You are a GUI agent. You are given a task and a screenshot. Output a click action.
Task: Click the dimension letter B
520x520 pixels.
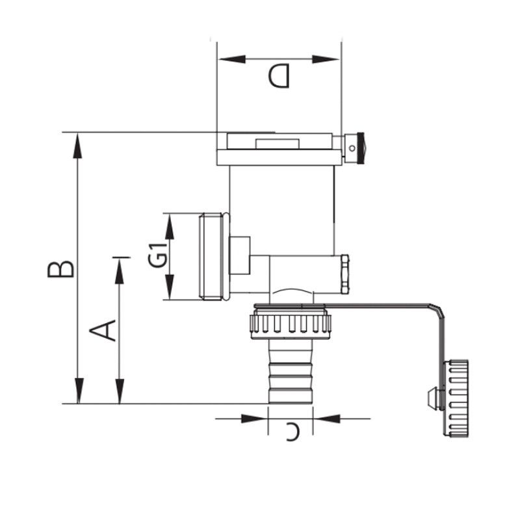click(x=60, y=269)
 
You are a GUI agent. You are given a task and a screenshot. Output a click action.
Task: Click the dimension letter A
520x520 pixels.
click(x=103, y=330)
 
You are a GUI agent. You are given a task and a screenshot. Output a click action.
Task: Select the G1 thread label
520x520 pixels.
click(x=157, y=255)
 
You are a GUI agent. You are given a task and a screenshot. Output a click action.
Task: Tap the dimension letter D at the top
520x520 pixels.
click(x=279, y=75)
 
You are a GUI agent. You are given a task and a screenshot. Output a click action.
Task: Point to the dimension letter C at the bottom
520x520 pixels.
click(x=293, y=432)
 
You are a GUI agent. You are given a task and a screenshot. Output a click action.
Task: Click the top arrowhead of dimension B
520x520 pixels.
click(x=78, y=145)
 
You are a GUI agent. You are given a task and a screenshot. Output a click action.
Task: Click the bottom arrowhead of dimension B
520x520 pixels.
click(x=79, y=391)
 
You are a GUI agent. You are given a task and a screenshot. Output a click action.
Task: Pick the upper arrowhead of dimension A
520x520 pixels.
click(x=120, y=270)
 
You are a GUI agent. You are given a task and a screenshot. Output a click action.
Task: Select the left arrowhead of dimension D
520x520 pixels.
click(x=232, y=59)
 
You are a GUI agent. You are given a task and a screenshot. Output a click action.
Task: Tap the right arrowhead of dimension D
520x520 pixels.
click(x=326, y=59)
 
